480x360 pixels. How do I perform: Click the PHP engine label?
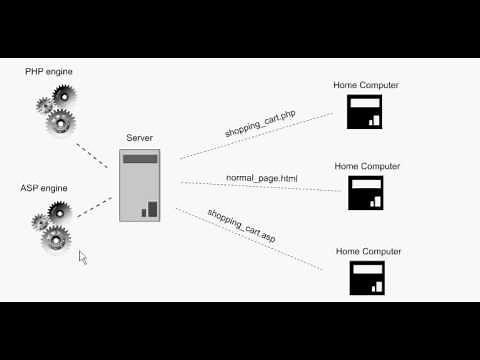49,71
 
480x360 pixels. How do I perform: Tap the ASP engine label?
43,188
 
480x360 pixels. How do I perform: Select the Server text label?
139,137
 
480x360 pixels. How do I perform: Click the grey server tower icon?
140,186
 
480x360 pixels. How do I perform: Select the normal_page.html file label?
262,178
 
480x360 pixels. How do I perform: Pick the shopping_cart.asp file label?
242,226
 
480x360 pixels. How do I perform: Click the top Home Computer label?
366,85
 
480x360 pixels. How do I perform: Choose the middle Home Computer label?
366,165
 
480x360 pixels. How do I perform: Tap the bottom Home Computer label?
368,251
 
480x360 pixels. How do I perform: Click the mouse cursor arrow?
82,256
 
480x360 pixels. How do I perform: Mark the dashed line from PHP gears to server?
92,152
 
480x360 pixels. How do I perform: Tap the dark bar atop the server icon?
140,158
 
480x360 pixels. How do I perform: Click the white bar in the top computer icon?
365,103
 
